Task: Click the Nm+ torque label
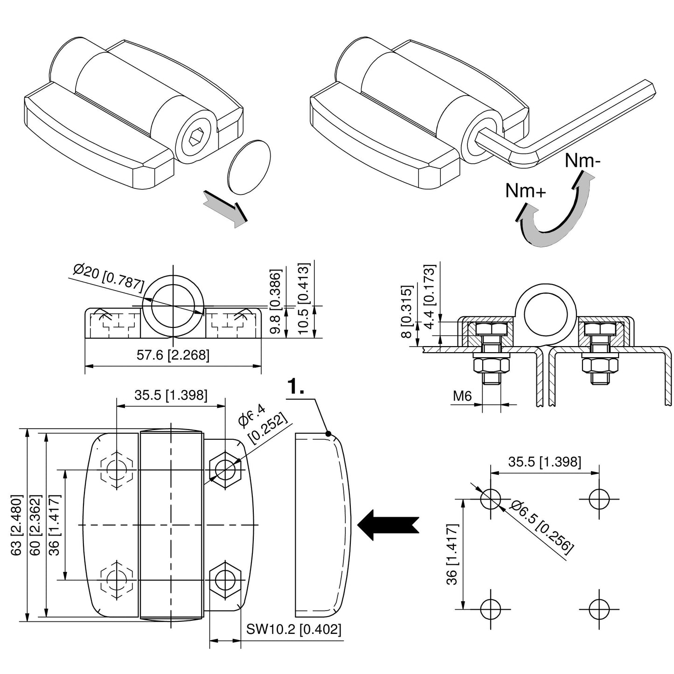[525, 191]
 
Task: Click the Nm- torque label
[582, 161]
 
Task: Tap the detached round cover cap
[249, 166]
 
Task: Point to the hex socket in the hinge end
[196, 137]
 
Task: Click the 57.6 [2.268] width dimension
[173, 355]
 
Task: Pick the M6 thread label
[463, 396]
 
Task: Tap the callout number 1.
[296, 387]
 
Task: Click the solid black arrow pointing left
[387, 524]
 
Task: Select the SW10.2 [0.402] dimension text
[294, 630]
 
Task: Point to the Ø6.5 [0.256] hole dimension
[541, 527]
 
